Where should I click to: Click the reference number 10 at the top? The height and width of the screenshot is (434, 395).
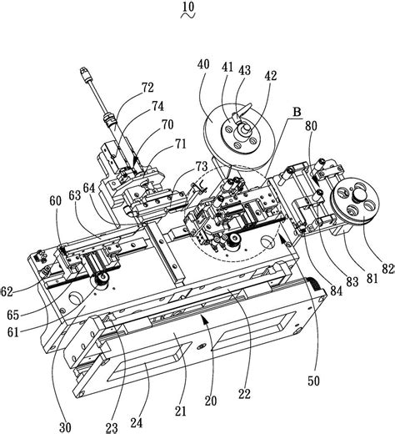click(188, 7)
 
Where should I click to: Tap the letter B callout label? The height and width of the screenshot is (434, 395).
click(297, 113)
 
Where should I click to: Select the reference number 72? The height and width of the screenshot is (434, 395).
click(147, 88)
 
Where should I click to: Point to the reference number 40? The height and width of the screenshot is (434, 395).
click(203, 64)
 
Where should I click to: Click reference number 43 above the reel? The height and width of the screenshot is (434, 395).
click(244, 70)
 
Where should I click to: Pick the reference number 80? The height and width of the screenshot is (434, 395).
click(311, 126)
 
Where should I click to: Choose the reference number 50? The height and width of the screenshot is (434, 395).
click(313, 381)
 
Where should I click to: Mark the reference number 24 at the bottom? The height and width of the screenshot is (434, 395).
click(137, 423)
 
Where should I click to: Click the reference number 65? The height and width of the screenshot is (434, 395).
click(13, 315)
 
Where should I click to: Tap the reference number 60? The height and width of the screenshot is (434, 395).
click(55, 201)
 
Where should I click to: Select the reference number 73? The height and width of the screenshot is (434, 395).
click(202, 166)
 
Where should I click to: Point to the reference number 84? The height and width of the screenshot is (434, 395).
click(337, 291)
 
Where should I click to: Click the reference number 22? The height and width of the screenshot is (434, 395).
click(244, 394)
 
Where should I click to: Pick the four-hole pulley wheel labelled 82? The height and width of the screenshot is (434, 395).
click(355, 201)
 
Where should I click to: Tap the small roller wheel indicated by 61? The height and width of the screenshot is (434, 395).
click(100, 280)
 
